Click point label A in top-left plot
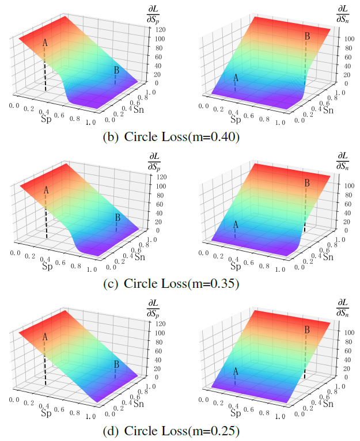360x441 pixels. (x=45, y=43)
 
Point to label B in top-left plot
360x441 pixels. (x=117, y=70)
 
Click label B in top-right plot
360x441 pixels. (x=307, y=36)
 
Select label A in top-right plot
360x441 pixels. (x=235, y=78)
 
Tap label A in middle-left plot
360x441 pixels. (x=46, y=189)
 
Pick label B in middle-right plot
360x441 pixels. (x=307, y=183)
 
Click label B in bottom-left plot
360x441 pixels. (x=117, y=364)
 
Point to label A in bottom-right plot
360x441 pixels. (x=235, y=372)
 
